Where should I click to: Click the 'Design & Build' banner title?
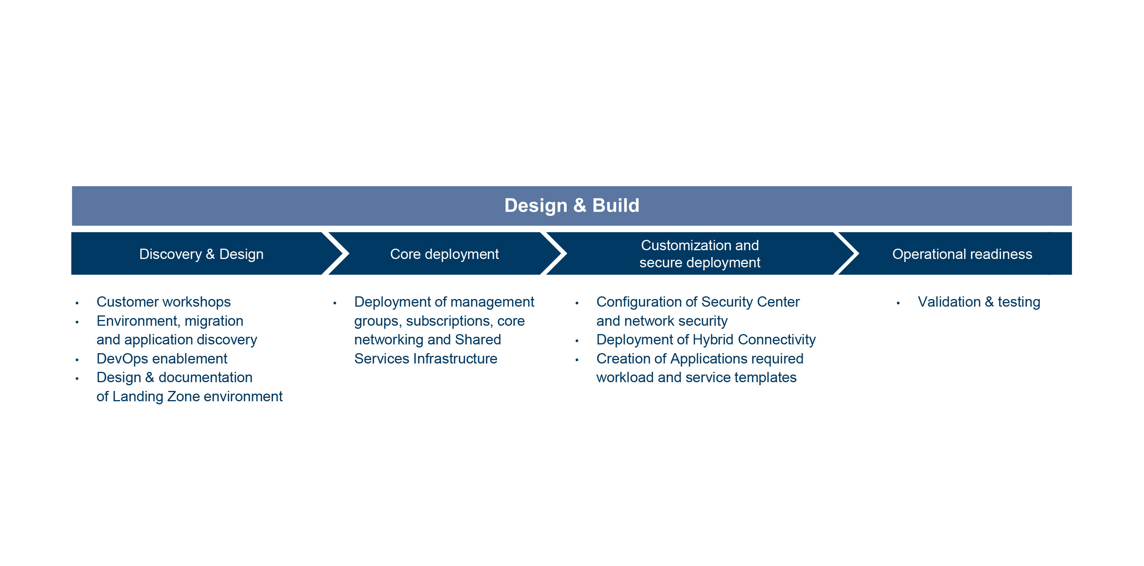tap(572, 206)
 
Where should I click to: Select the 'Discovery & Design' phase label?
tap(201, 254)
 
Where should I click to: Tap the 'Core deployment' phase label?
tap(444, 254)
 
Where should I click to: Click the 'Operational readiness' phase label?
tap(962, 254)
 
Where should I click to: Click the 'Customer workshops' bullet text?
tap(164, 302)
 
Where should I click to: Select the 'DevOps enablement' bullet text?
tap(162, 359)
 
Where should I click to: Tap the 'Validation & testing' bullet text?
tap(979, 302)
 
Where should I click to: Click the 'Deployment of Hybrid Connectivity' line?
tap(706, 340)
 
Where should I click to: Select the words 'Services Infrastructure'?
tap(426, 359)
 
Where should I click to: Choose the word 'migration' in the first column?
tap(214, 321)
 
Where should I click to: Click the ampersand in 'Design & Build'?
tap(580, 206)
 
